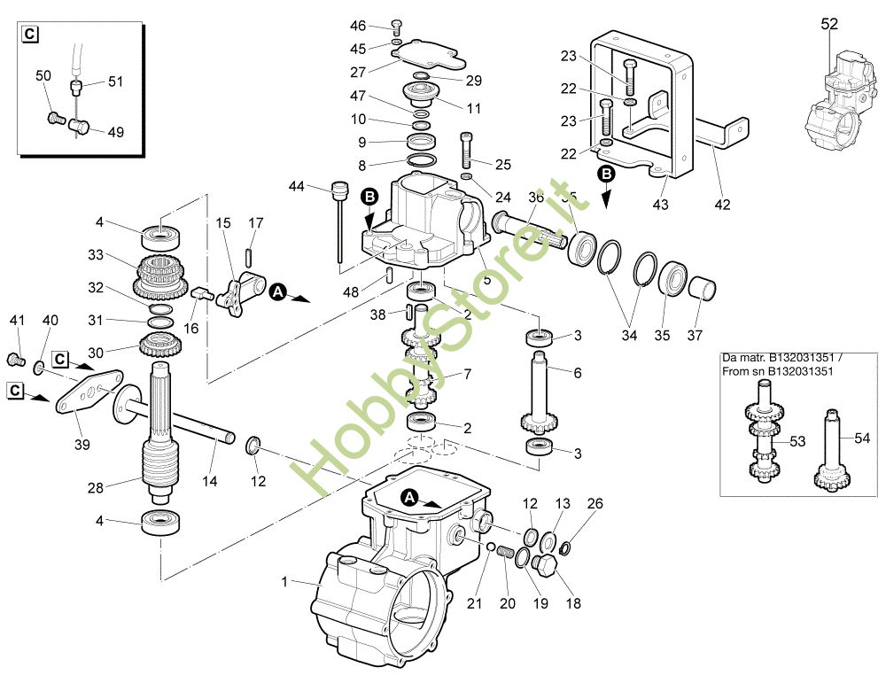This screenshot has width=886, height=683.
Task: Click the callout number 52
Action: pos(829,24)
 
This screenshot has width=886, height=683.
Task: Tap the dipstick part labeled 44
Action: pos(339,221)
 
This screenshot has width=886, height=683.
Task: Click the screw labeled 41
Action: pos(15,359)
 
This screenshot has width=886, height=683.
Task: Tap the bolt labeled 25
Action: pos(466,150)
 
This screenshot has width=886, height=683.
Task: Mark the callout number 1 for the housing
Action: pos(284,581)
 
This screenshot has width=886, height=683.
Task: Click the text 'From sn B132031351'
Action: pos(777,371)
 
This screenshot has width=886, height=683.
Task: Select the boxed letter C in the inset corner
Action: pos(30,34)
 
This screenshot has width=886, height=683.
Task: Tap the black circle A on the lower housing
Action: pos(408,498)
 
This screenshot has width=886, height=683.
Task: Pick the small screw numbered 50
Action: pos(55,119)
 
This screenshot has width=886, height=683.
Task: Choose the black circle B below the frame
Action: pos(606,174)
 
